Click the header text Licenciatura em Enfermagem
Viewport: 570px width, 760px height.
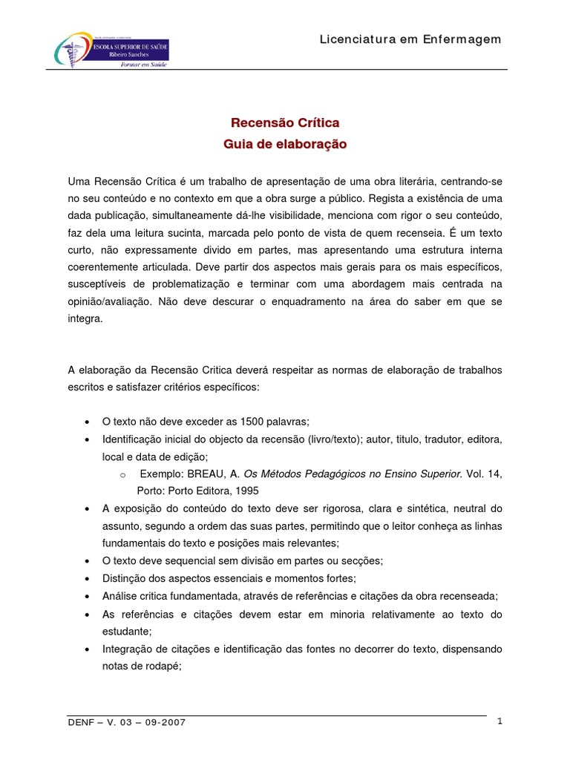point(410,39)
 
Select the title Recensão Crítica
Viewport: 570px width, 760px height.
point(285,122)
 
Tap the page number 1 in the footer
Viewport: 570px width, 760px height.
point(499,721)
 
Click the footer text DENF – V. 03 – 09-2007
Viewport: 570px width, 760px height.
point(126,723)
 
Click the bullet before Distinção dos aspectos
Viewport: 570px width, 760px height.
point(88,577)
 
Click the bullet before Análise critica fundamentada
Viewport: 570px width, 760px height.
point(88,596)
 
